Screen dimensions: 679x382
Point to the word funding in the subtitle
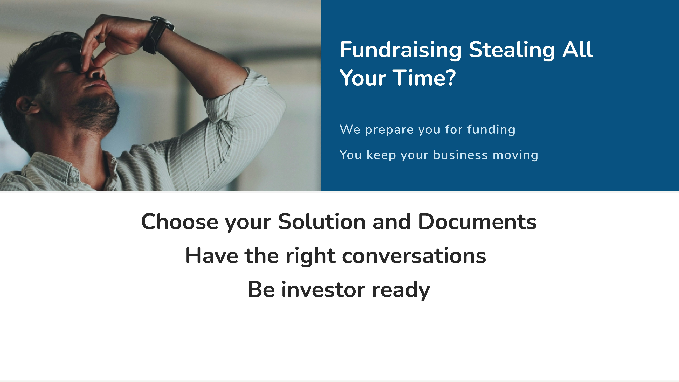coord(491,129)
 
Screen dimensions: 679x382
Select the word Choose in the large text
coord(180,222)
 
